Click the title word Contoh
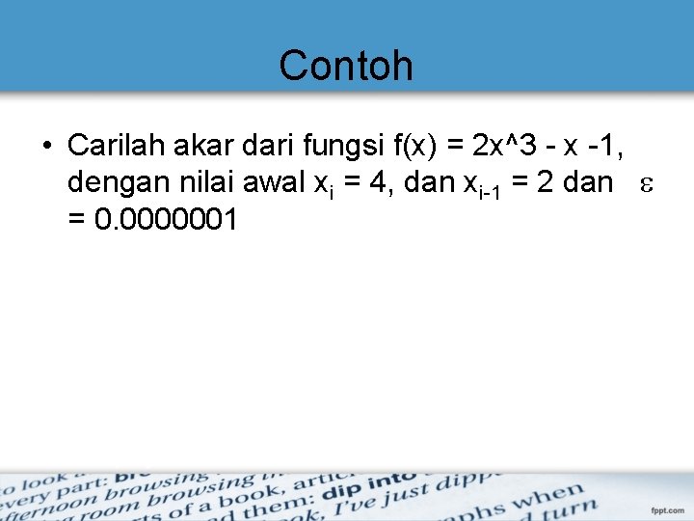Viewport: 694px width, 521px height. pos(346,66)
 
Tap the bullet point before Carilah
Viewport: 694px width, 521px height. pos(46,147)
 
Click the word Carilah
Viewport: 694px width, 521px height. pos(109,145)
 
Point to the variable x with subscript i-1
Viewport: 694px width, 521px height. pos(474,183)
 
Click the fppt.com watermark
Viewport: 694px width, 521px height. pos(667,510)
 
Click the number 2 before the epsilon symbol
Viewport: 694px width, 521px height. pos(547,181)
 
